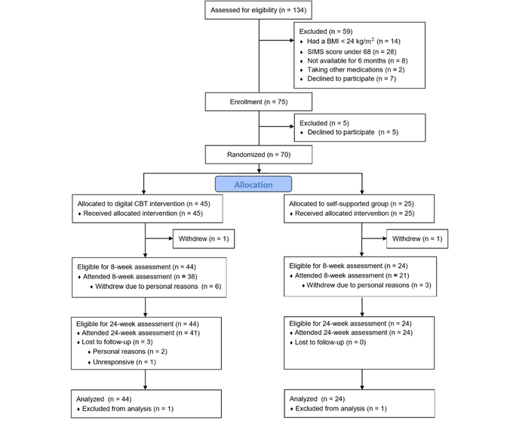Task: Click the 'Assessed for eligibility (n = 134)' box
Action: (x=259, y=10)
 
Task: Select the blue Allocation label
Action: (x=253, y=185)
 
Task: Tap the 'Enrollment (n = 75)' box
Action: (x=259, y=102)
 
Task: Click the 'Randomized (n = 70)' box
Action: (x=259, y=155)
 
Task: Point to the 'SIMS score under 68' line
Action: (x=352, y=52)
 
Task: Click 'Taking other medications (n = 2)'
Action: (x=356, y=69)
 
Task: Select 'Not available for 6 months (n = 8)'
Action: (x=358, y=60)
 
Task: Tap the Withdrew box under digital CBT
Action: (x=204, y=239)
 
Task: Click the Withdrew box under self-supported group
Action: (x=417, y=239)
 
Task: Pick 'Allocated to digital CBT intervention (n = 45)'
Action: (x=143, y=204)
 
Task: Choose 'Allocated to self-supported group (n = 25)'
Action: (x=352, y=204)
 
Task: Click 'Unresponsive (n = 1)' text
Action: (x=124, y=362)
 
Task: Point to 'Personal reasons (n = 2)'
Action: (x=130, y=352)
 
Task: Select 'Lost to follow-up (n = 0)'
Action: (x=330, y=343)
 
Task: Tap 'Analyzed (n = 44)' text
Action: (x=103, y=399)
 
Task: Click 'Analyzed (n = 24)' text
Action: (x=317, y=399)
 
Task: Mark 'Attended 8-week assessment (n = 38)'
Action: (x=140, y=277)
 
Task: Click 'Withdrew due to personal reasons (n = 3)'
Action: (x=369, y=285)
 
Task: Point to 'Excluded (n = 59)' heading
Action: (x=326, y=32)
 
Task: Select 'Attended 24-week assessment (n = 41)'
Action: (x=140, y=333)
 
